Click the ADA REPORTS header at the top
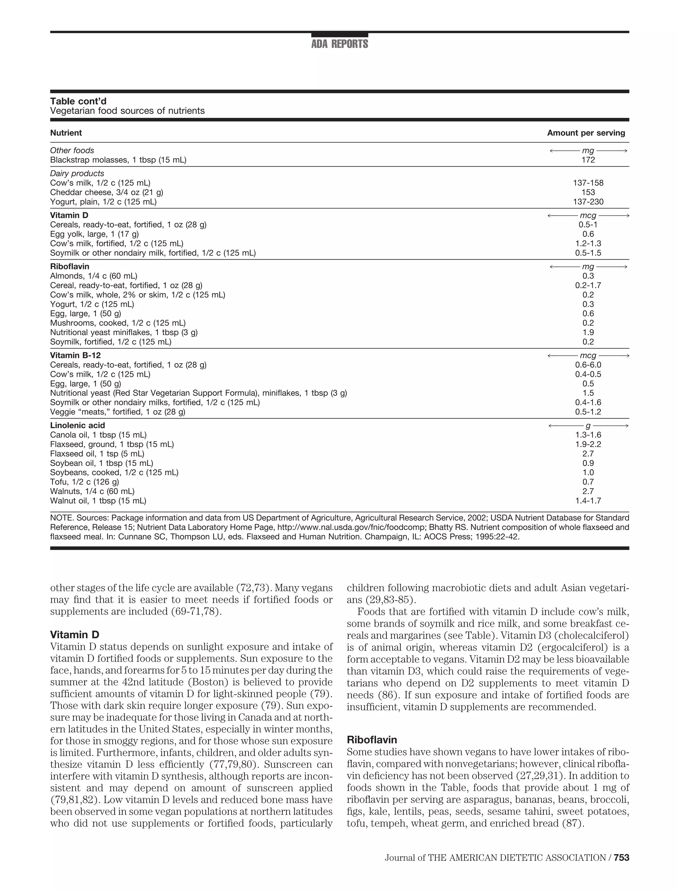339,44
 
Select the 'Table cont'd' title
78,101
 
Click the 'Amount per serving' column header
586,133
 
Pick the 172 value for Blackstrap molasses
588,160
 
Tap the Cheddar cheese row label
107,192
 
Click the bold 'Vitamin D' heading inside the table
69,216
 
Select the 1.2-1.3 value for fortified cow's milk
588,244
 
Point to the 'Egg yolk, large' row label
94,234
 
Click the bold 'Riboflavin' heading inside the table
70,267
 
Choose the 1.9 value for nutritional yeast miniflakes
588,332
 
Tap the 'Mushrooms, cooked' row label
118,323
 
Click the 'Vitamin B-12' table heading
75,356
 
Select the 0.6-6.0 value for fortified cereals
588,365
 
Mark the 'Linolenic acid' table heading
77,425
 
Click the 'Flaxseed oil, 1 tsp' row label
97,454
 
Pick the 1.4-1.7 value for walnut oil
588,501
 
